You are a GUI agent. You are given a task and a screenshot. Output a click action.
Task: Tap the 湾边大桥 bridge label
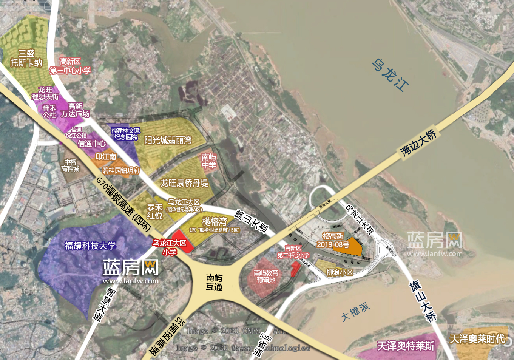point(418,142)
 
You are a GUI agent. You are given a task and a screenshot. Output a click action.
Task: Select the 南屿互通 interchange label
point(214,282)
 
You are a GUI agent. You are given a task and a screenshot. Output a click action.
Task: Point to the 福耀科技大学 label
point(90,246)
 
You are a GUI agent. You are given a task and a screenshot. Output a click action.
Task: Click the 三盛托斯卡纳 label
point(26,58)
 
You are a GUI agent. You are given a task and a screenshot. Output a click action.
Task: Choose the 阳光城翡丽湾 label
point(168,141)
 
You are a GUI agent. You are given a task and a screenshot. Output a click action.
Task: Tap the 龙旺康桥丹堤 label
point(184,183)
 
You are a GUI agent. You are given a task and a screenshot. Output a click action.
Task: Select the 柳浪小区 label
point(340,272)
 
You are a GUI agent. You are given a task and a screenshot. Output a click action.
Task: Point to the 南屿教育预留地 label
point(266,277)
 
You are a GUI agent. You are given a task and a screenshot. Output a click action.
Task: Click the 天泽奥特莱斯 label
point(406,346)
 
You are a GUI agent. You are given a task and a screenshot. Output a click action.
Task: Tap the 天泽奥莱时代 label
point(477,339)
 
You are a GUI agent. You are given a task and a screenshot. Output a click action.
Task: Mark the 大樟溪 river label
point(355,312)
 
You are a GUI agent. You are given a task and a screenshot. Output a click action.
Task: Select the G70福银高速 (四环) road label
point(123,204)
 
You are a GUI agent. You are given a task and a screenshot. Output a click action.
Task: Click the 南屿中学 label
point(209,161)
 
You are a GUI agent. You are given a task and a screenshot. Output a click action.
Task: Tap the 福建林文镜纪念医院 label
point(125,134)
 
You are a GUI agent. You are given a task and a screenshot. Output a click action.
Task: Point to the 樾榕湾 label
point(215,222)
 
